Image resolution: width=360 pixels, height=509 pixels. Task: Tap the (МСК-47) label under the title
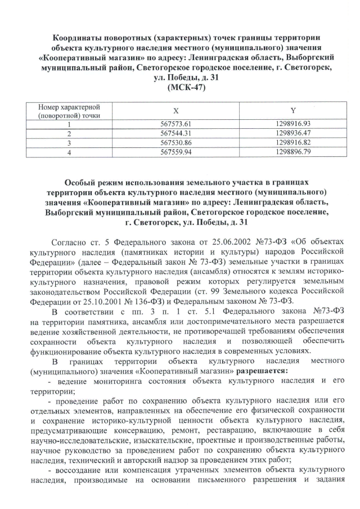[x=179, y=88]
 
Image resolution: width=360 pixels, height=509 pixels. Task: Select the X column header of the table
[x=177, y=111]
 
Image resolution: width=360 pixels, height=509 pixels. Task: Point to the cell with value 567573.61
[x=177, y=124]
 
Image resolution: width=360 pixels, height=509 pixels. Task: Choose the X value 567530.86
[x=177, y=142]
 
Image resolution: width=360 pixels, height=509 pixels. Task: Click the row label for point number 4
[x=70, y=152]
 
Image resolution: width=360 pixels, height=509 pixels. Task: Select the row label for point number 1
[x=70, y=125]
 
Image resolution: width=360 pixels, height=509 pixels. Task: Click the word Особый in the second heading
[x=84, y=183]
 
